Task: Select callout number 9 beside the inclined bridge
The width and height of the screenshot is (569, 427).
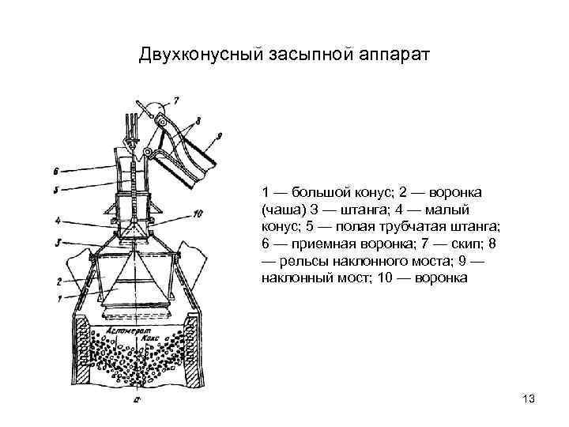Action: pyautogui.click(x=219, y=136)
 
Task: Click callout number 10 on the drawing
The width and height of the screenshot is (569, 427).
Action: pyautogui.click(x=198, y=213)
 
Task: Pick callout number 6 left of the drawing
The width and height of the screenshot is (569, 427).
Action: pyautogui.click(x=56, y=170)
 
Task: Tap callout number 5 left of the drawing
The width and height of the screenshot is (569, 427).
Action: pyautogui.click(x=56, y=190)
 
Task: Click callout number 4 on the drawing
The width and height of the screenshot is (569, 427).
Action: pyautogui.click(x=58, y=221)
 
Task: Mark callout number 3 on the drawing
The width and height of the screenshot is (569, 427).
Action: pyautogui.click(x=58, y=242)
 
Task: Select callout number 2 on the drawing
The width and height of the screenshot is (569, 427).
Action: pyautogui.click(x=58, y=280)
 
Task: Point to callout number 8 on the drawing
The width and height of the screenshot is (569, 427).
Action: pyautogui.click(x=197, y=119)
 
